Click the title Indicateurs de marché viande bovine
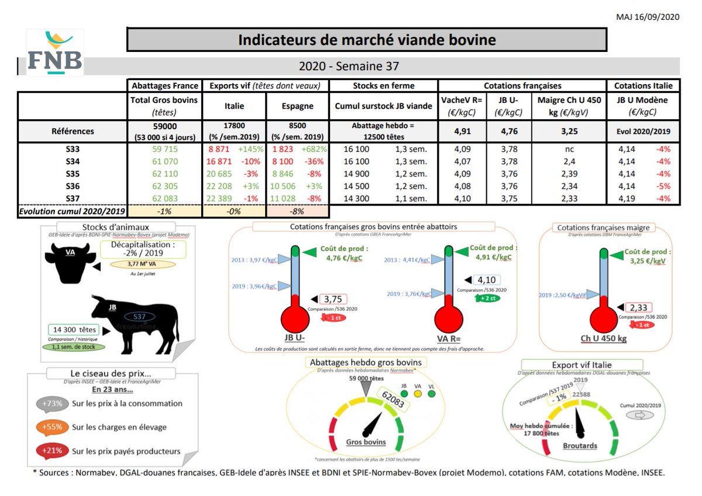pos(367,40)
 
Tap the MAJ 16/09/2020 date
pos(648,17)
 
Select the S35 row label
pos(73,174)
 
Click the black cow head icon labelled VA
pos(68,262)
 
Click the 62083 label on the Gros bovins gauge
pos(393,400)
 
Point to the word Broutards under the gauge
pos(580,445)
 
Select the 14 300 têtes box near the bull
pos(74,329)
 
